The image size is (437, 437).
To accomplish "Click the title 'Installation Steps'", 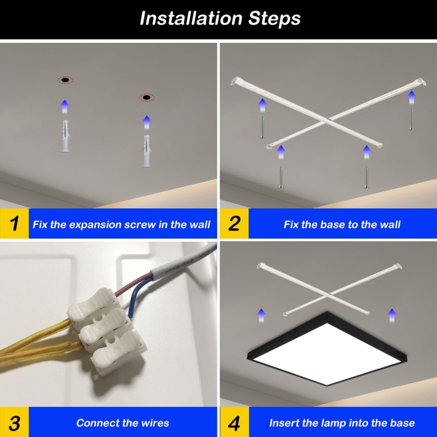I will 220,19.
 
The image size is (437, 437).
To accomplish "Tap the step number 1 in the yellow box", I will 14,224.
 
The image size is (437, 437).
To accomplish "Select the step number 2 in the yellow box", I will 234,224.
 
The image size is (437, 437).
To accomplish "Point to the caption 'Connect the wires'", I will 122,423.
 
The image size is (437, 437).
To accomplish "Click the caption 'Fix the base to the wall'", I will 342,224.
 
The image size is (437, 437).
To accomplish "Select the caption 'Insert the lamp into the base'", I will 342,423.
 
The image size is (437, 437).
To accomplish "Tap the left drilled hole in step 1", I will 65,80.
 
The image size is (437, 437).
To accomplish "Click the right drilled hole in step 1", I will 147,97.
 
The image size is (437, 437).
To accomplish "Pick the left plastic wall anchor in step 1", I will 65,136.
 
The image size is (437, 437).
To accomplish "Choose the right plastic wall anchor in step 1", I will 147,151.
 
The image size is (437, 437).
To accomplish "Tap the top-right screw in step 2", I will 411,120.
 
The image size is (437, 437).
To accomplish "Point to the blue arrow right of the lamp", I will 392,315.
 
